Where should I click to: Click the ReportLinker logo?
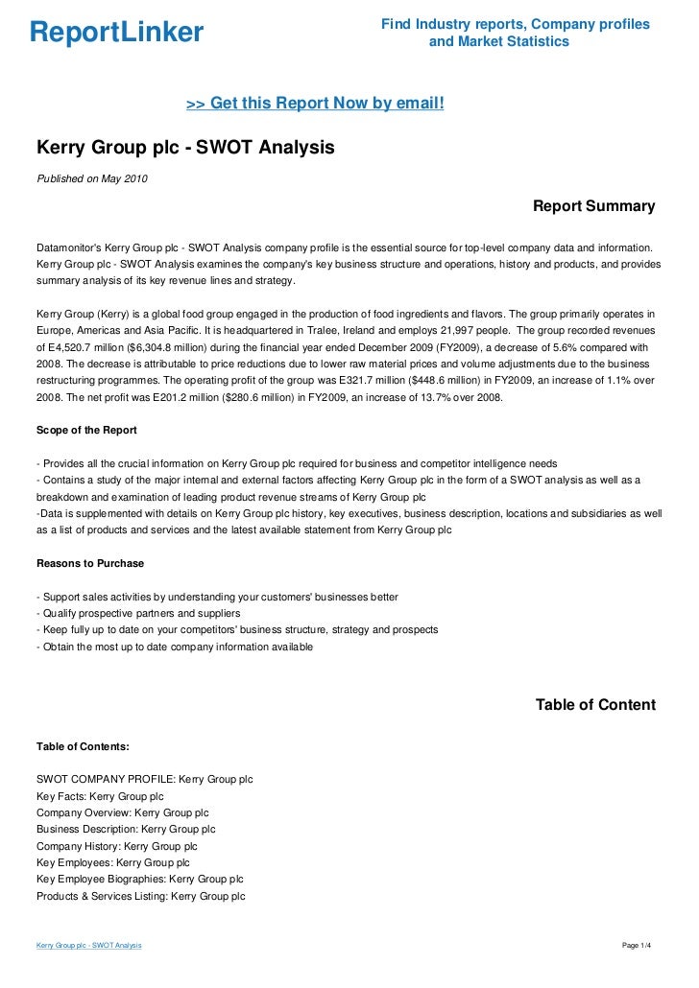tap(117, 33)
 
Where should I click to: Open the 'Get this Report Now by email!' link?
tap(315, 102)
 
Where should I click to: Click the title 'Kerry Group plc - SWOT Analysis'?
tap(185, 149)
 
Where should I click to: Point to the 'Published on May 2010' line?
tap(92, 178)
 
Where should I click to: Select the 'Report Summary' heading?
tap(593, 206)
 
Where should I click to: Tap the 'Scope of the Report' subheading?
tap(86, 429)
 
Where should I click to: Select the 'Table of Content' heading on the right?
tap(595, 705)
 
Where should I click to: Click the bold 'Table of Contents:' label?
tap(83, 745)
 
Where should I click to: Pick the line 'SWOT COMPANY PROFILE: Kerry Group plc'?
tap(144, 779)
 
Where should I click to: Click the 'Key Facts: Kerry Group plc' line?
tap(100, 796)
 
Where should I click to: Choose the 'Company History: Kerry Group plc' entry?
tap(116, 846)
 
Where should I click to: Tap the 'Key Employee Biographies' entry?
tap(139, 879)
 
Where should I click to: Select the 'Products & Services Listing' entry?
tap(140, 896)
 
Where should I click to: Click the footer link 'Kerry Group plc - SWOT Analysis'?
tap(89, 946)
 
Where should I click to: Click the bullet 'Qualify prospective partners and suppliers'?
tap(137, 613)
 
